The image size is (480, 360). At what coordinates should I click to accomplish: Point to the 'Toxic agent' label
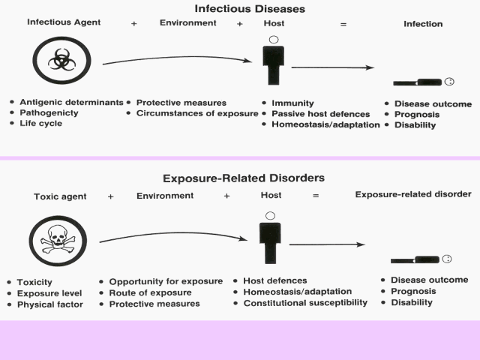click(x=59, y=196)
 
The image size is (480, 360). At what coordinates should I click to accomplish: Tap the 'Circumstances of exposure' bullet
click(x=197, y=114)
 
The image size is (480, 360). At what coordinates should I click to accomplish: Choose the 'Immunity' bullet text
click(x=292, y=103)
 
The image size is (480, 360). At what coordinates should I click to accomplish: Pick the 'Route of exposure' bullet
click(x=150, y=292)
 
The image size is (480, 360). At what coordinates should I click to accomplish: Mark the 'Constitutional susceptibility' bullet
click(x=305, y=303)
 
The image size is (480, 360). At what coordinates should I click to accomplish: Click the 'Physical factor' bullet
click(x=49, y=304)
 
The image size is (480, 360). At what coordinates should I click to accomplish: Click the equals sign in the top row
click(x=343, y=24)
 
